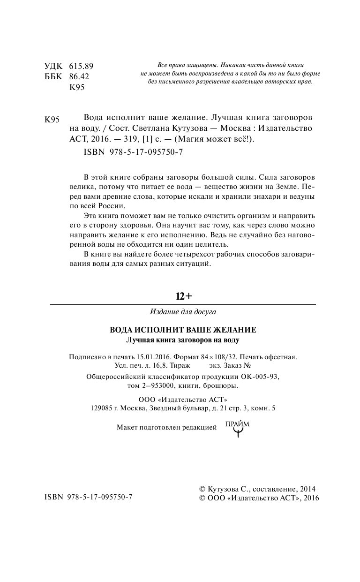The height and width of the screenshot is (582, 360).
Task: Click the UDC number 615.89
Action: tap(81, 66)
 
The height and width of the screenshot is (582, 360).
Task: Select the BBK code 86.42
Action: tap(79, 76)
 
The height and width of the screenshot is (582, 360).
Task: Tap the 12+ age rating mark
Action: tap(184, 296)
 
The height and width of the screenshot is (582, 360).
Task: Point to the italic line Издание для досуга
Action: tap(183, 311)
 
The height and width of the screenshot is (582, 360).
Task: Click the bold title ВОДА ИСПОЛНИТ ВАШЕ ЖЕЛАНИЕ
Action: tap(183, 330)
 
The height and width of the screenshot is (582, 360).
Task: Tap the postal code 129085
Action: tap(100, 408)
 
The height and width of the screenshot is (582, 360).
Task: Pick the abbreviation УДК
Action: tap(52, 66)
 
